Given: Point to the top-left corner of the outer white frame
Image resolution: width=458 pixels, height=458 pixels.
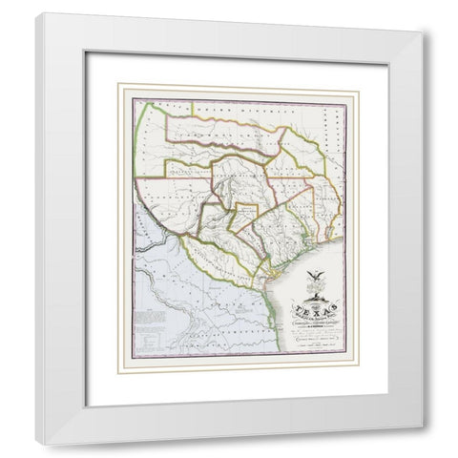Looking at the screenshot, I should (x=38, y=15).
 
